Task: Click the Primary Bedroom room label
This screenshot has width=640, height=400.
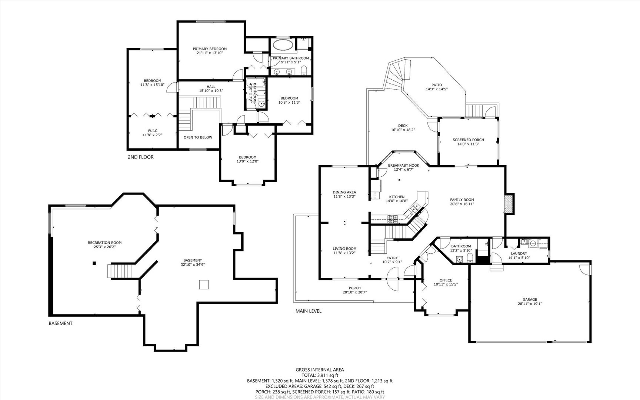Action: [x=210, y=49]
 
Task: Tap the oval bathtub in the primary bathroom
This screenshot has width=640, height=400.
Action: [x=283, y=46]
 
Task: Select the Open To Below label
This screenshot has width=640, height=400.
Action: [x=198, y=137]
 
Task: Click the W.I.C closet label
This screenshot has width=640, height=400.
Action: [x=152, y=130]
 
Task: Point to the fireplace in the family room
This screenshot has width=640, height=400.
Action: [x=510, y=203]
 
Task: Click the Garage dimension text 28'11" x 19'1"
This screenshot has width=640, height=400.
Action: [x=530, y=304]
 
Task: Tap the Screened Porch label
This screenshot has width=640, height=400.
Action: [x=468, y=140]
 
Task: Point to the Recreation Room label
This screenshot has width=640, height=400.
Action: [x=104, y=243]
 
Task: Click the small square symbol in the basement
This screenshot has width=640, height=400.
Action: [x=204, y=284]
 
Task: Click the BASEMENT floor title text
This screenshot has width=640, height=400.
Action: [x=60, y=323]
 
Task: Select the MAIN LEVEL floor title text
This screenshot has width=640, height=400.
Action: [x=308, y=311]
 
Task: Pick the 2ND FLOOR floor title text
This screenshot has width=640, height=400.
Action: [x=140, y=157]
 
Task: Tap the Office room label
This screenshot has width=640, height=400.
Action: [x=446, y=280]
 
